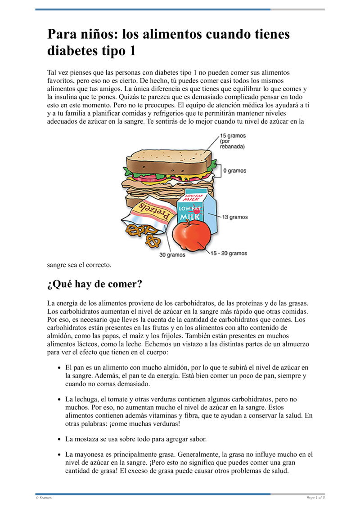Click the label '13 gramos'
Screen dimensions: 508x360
click(235, 217)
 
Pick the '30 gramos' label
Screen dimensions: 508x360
click(172, 255)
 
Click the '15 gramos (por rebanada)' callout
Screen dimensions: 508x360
click(233, 141)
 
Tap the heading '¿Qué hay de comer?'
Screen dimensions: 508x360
click(95, 285)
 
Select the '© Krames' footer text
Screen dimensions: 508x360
click(44, 498)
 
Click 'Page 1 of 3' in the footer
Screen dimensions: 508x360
click(315, 498)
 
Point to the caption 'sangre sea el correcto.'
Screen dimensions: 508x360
click(79, 265)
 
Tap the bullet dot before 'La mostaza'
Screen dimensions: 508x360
click(59, 439)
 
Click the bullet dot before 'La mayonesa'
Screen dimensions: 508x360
click(59, 455)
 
